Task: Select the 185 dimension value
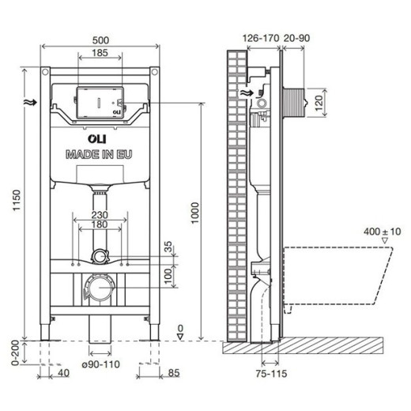[x=100, y=51]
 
